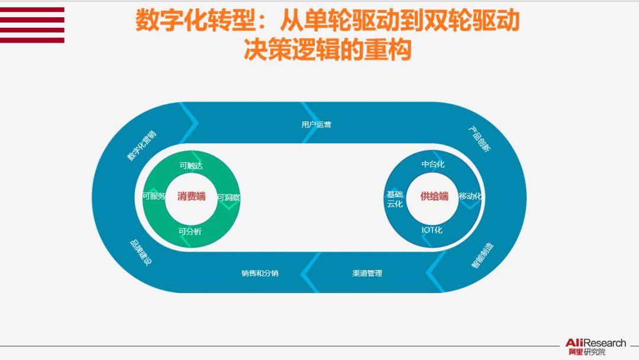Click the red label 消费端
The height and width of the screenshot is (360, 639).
191,197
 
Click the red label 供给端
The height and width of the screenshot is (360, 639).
434,197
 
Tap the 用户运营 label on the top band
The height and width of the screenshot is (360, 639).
316,124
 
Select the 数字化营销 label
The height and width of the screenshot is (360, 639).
142,146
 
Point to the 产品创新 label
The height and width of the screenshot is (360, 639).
479,139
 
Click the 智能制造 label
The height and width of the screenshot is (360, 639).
483,256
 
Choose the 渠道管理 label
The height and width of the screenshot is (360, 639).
367,273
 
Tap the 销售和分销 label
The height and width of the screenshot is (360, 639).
260,273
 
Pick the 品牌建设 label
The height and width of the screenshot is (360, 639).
141,253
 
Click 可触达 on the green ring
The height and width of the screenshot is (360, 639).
191,166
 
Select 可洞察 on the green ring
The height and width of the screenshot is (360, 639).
228,198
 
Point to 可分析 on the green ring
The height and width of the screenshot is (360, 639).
190,232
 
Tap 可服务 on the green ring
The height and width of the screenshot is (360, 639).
154,196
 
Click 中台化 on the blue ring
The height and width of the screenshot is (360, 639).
433,164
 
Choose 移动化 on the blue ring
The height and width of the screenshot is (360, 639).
470,196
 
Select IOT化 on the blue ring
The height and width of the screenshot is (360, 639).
432,230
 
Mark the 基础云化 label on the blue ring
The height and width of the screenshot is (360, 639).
395,200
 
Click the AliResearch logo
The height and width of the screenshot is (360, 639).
595,347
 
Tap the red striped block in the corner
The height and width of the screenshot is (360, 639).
32,25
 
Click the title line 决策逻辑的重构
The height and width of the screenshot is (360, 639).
327,50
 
